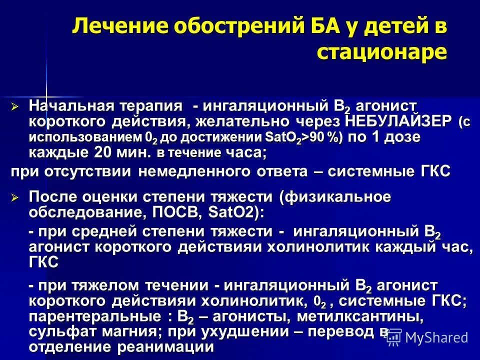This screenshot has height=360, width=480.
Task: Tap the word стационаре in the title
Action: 382,51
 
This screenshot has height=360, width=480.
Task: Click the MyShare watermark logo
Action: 428,338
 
